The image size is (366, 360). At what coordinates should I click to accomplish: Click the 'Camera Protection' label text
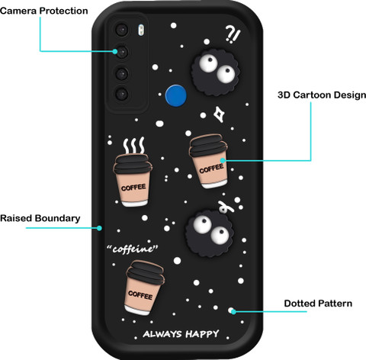tap(44, 11)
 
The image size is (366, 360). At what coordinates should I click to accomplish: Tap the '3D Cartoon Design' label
tap(322, 95)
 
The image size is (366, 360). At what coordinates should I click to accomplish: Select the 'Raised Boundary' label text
tap(40, 218)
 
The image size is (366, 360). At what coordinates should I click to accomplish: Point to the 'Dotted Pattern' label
tap(318, 304)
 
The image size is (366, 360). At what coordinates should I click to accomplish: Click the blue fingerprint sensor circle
tap(175, 95)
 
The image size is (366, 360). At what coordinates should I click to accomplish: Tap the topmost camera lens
tap(122, 30)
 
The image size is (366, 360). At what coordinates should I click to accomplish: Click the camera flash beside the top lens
tap(141, 30)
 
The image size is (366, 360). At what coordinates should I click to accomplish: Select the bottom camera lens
tap(122, 95)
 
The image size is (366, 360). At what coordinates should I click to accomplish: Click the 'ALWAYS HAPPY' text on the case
tap(181, 334)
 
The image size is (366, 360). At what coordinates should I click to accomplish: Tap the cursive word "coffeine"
tap(133, 249)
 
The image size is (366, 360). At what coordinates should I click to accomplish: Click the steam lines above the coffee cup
tap(134, 146)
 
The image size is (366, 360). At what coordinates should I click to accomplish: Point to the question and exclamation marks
tap(233, 34)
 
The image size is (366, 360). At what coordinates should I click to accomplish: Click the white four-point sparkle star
tap(219, 114)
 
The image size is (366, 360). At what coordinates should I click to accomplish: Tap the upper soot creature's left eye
tap(208, 63)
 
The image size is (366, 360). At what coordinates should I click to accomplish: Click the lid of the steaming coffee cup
tap(132, 164)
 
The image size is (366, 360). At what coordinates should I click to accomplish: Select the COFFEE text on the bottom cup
tap(140, 295)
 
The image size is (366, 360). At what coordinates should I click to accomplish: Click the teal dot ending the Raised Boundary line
tap(99, 228)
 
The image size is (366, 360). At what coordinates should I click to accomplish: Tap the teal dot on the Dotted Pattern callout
tap(233, 311)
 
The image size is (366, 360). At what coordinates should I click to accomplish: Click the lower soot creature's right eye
tap(220, 235)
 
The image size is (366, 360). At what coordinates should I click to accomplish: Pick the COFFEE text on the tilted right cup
tap(211, 169)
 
